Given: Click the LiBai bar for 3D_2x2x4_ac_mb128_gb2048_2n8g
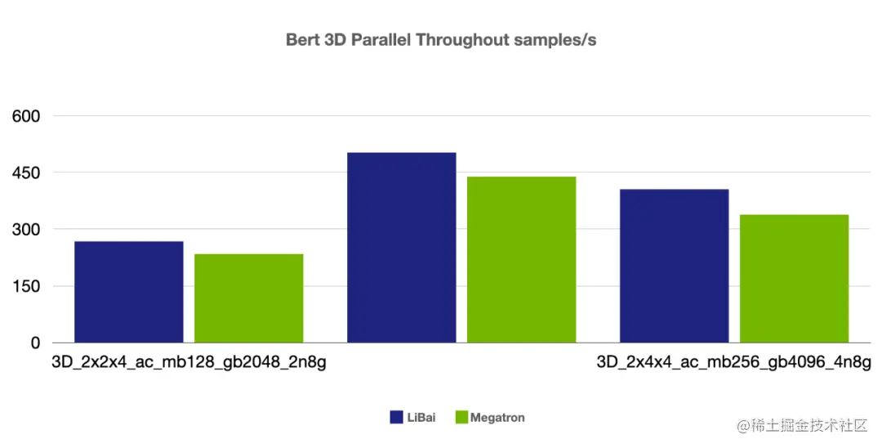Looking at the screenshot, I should (129, 292).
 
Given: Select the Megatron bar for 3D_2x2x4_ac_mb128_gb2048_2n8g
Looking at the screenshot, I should (249, 298).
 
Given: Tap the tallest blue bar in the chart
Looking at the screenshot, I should (402, 248).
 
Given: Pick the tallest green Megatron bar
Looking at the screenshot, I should (521, 260).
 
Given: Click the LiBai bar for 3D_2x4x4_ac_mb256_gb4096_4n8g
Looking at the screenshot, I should (674, 266).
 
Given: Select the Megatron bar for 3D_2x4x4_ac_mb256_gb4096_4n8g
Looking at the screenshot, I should (794, 279).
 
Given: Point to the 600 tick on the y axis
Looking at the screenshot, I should (26, 116).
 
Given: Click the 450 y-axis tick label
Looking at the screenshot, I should (26, 172).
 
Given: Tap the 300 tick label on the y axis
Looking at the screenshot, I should (26, 230).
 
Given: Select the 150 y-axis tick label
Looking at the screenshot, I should (26, 286).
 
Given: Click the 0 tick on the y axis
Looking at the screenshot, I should (36, 343).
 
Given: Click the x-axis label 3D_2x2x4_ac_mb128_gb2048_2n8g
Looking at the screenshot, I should (189, 362).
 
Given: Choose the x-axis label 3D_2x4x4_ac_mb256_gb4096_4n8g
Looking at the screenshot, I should (733, 362).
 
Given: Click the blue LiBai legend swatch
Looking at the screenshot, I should (396, 418).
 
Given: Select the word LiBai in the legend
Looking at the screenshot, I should (421, 418).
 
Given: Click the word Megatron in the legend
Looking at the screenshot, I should (497, 418).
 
